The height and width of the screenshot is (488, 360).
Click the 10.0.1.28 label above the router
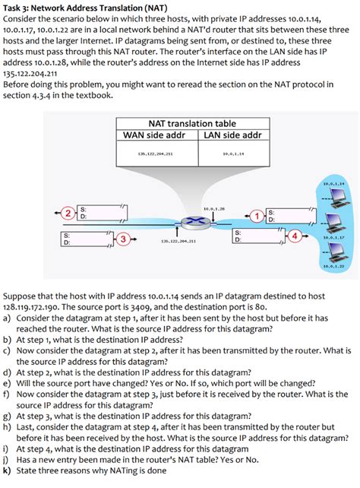pos(215,208)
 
